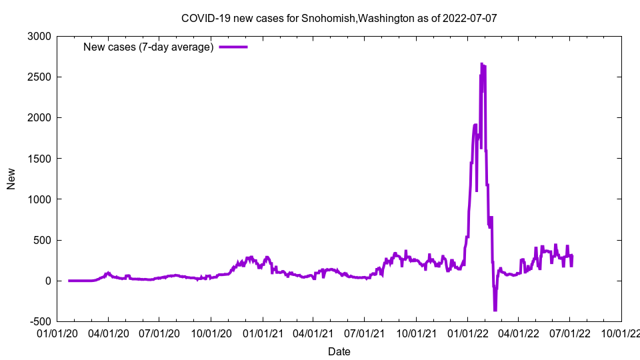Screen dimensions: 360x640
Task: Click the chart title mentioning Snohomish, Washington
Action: tap(339, 18)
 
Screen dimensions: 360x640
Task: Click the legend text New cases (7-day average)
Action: tap(148, 47)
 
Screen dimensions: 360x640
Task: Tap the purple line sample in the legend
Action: tap(233, 47)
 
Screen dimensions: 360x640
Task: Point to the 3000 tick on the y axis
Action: tap(41, 36)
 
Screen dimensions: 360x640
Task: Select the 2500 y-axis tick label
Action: tap(41, 77)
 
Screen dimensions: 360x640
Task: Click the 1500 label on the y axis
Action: tap(41, 159)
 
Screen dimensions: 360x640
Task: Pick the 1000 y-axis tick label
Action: tap(41, 199)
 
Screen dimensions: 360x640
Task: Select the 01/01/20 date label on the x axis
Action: tap(57, 331)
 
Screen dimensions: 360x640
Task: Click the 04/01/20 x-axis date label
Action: tap(108, 331)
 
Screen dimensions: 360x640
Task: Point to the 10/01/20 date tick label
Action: tap(211, 331)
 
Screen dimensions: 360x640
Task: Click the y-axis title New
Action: tap(11, 179)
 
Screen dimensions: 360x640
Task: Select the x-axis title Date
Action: tap(339, 351)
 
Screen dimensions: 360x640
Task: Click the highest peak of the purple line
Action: tap(482, 64)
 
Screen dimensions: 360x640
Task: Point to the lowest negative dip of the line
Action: tap(495, 310)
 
